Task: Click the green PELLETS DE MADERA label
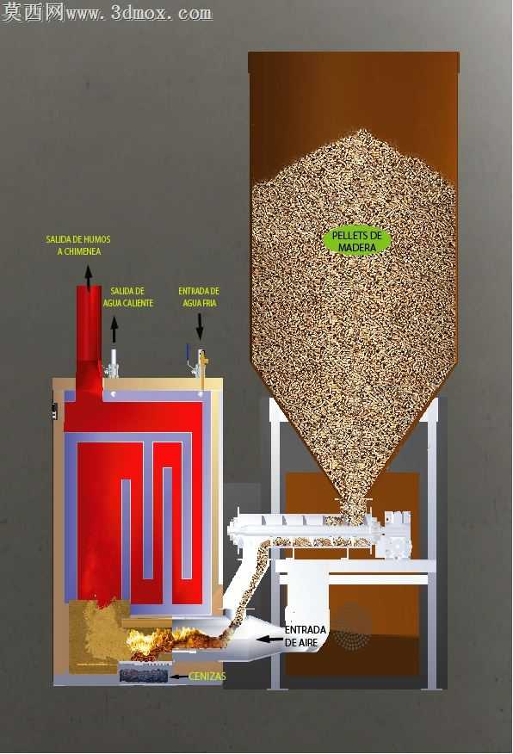(x=356, y=241)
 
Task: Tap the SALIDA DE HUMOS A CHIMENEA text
(x=78, y=245)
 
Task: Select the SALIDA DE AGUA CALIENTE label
(x=128, y=297)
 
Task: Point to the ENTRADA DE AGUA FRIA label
(x=199, y=297)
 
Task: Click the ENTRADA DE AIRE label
(x=306, y=636)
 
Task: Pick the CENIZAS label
(x=207, y=676)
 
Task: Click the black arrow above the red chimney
(x=89, y=278)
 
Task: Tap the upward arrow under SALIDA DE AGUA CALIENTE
(x=114, y=330)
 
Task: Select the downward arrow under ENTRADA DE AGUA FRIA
(x=200, y=327)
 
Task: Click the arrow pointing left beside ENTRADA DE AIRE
(x=269, y=639)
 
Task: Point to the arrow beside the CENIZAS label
(x=180, y=677)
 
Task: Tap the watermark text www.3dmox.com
(x=139, y=13)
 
